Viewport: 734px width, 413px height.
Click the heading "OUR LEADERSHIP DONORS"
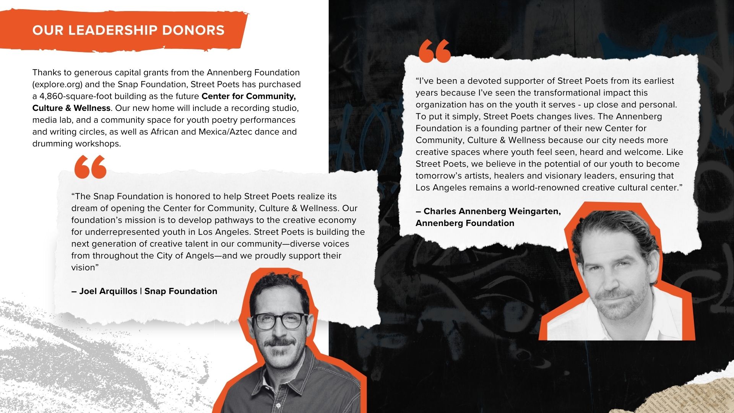tap(128, 30)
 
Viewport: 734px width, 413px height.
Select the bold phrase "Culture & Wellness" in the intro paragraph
tap(71, 108)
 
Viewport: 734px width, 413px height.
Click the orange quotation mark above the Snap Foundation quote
tap(90, 167)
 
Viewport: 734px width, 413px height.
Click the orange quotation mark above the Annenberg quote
tap(435, 51)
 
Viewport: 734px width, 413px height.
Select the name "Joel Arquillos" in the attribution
tap(108, 291)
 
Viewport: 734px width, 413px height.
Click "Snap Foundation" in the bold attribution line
tap(181, 291)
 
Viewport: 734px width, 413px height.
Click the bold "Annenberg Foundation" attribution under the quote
tap(465, 223)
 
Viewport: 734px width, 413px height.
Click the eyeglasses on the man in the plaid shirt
tap(281, 320)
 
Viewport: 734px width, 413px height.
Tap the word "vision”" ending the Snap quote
tap(85, 268)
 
